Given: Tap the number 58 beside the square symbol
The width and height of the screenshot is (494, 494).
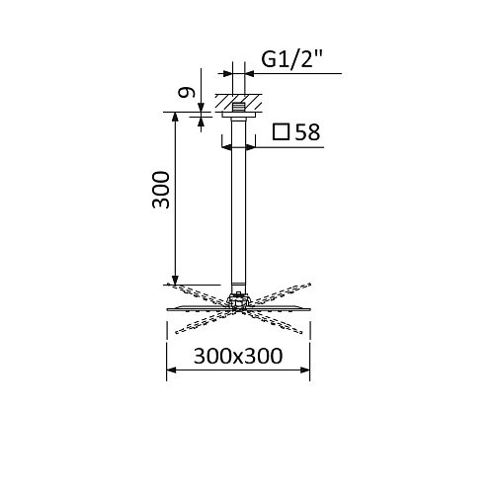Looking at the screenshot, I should click(306, 132).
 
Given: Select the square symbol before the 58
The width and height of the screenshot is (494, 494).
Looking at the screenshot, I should click(281, 132).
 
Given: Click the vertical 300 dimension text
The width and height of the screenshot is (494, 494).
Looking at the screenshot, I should click(163, 190).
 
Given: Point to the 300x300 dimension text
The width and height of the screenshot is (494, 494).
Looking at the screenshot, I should click(237, 355).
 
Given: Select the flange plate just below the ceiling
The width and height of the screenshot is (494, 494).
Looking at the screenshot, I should click(238, 116).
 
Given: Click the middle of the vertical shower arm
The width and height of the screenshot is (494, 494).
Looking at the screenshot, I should click(238, 207).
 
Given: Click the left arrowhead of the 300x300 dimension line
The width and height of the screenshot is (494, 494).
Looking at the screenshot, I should click(169, 370).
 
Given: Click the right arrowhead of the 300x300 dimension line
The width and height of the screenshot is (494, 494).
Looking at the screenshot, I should click(307, 370).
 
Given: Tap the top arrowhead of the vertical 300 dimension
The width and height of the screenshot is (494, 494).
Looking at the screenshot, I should click(176, 116).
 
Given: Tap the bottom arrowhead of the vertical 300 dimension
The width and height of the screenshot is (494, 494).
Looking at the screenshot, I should click(176, 281).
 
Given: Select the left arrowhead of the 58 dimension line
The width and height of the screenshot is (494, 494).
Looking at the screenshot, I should click(225, 146).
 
